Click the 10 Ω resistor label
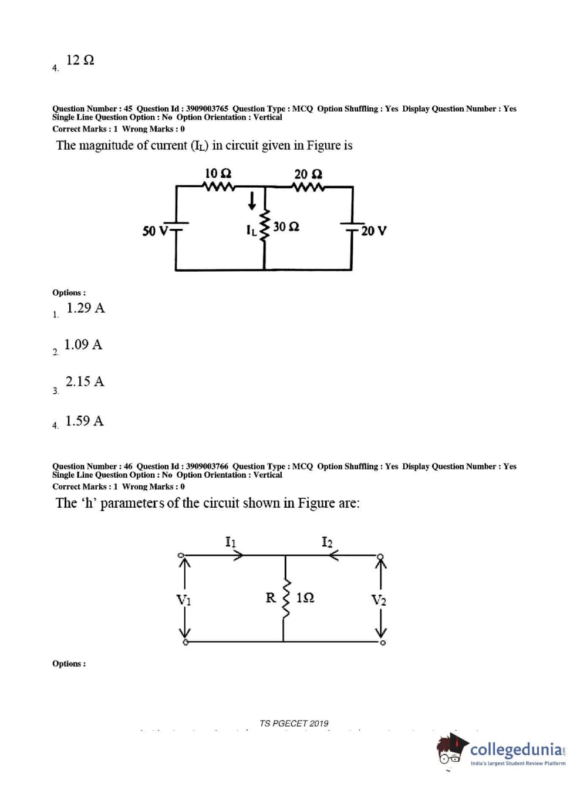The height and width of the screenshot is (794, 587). point(218,174)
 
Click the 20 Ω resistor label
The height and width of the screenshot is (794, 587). point(308,174)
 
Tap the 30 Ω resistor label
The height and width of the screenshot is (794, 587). point(286,227)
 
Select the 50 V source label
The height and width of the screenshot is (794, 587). point(155,231)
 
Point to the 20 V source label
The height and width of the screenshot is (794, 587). point(374,231)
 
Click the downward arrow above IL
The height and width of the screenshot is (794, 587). point(252,201)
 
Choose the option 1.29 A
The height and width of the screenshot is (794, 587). point(86,308)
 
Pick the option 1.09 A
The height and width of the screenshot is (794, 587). point(83,344)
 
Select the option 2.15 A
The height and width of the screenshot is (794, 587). point(85,381)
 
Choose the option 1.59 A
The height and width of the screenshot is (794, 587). point(85,421)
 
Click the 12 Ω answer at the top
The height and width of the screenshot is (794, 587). point(80,60)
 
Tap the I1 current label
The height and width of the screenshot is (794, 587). point(231,541)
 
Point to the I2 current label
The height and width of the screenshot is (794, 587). point(327,541)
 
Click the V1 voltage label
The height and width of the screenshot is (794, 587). point(184,600)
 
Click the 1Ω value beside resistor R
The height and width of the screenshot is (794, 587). point(305,598)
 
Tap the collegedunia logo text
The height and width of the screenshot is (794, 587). point(517,749)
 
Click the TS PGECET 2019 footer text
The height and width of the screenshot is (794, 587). point(294,724)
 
